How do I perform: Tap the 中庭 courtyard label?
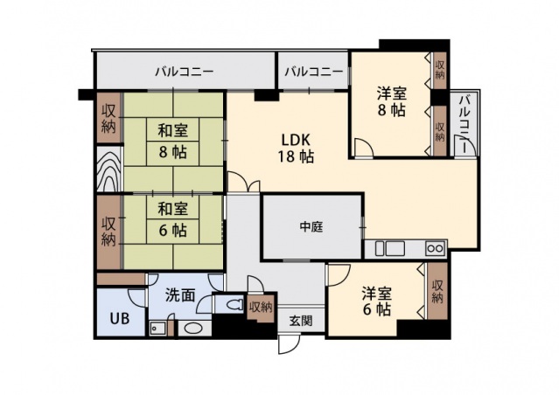point(311,227)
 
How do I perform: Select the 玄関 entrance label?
point(301,320)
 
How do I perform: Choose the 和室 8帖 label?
point(172,141)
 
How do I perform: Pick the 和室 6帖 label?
point(172,219)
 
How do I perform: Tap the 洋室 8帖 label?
point(391,101)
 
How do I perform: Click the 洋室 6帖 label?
point(378,299)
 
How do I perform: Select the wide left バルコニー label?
point(185,72)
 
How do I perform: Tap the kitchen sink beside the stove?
point(385,247)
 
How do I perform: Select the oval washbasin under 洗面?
point(192,329)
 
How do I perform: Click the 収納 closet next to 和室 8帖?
point(108,118)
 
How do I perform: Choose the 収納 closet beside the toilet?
point(261,307)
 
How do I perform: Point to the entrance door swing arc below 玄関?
point(289,343)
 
